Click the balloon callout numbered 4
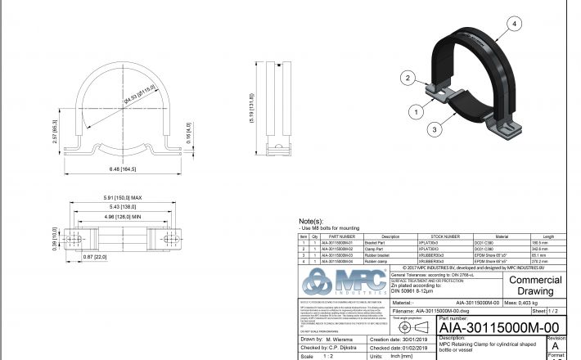click(x=515, y=25)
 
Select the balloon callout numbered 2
click(x=404, y=78)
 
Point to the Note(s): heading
click(x=313, y=221)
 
